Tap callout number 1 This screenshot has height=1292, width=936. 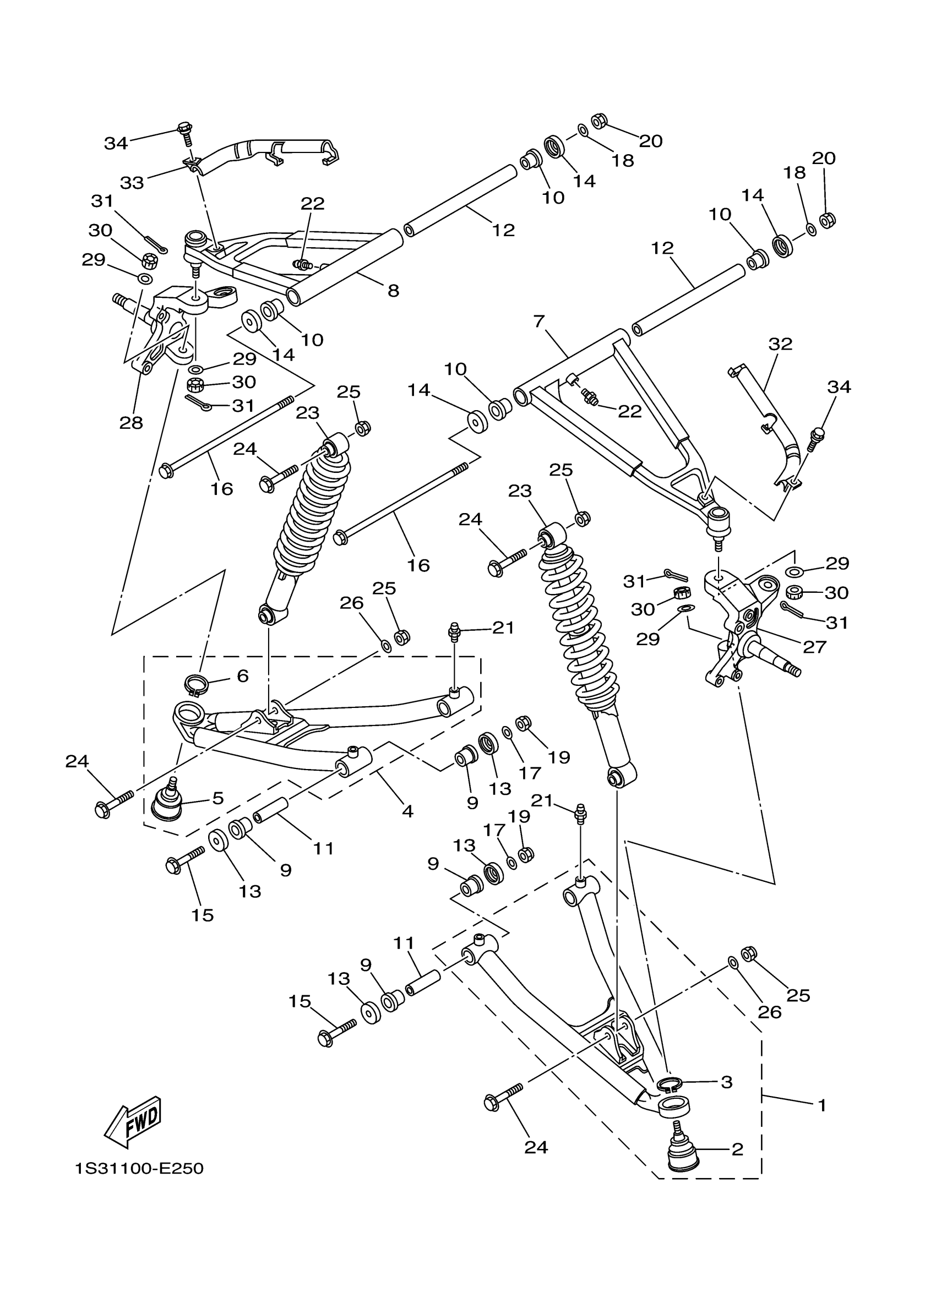coord(821,1105)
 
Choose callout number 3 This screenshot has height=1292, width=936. coord(726,1082)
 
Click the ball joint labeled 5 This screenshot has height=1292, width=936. coord(167,804)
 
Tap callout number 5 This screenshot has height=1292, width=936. coord(217,798)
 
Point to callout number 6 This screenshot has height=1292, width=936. coord(243,676)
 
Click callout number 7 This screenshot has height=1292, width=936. coord(540,321)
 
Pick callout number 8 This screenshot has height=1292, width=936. coord(393,291)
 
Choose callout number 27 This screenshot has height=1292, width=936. coord(814,647)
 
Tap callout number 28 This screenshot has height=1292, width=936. coord(131,423)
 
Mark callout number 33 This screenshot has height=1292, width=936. coord(132,183)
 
